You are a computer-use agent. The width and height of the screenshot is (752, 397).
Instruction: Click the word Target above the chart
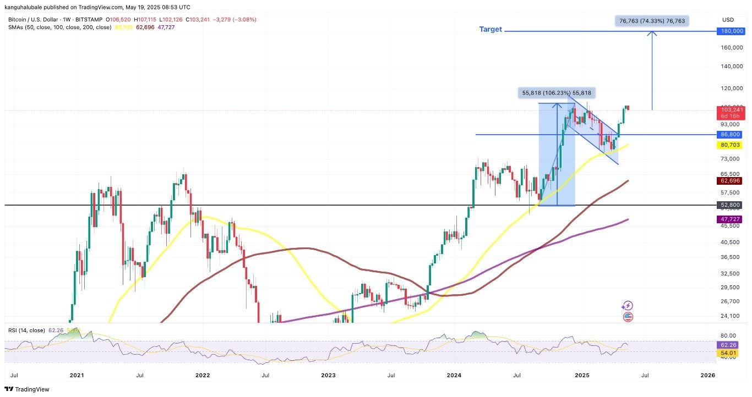tap(491, 30)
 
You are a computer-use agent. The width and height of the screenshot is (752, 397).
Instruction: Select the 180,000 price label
tap(731, 31)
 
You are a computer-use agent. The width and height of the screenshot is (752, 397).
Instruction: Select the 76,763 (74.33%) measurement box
tap(652, 21)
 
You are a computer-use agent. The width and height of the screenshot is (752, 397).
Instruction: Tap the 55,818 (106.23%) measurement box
tap(557, 93)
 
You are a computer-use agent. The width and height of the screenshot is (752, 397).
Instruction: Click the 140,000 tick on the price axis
tap(731, 67)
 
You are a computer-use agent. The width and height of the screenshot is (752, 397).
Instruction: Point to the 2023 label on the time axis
tap(328, 375)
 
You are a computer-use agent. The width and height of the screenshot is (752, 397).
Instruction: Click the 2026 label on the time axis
tap(707, 375)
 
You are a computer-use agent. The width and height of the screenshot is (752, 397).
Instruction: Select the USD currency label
tap(728, 20)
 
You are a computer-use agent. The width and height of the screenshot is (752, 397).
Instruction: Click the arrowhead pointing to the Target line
tap(652, 34)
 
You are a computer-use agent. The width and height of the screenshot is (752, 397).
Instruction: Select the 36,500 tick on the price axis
tap(731, 257)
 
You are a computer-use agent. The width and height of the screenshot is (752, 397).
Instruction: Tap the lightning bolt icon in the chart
tap(628, 306)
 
